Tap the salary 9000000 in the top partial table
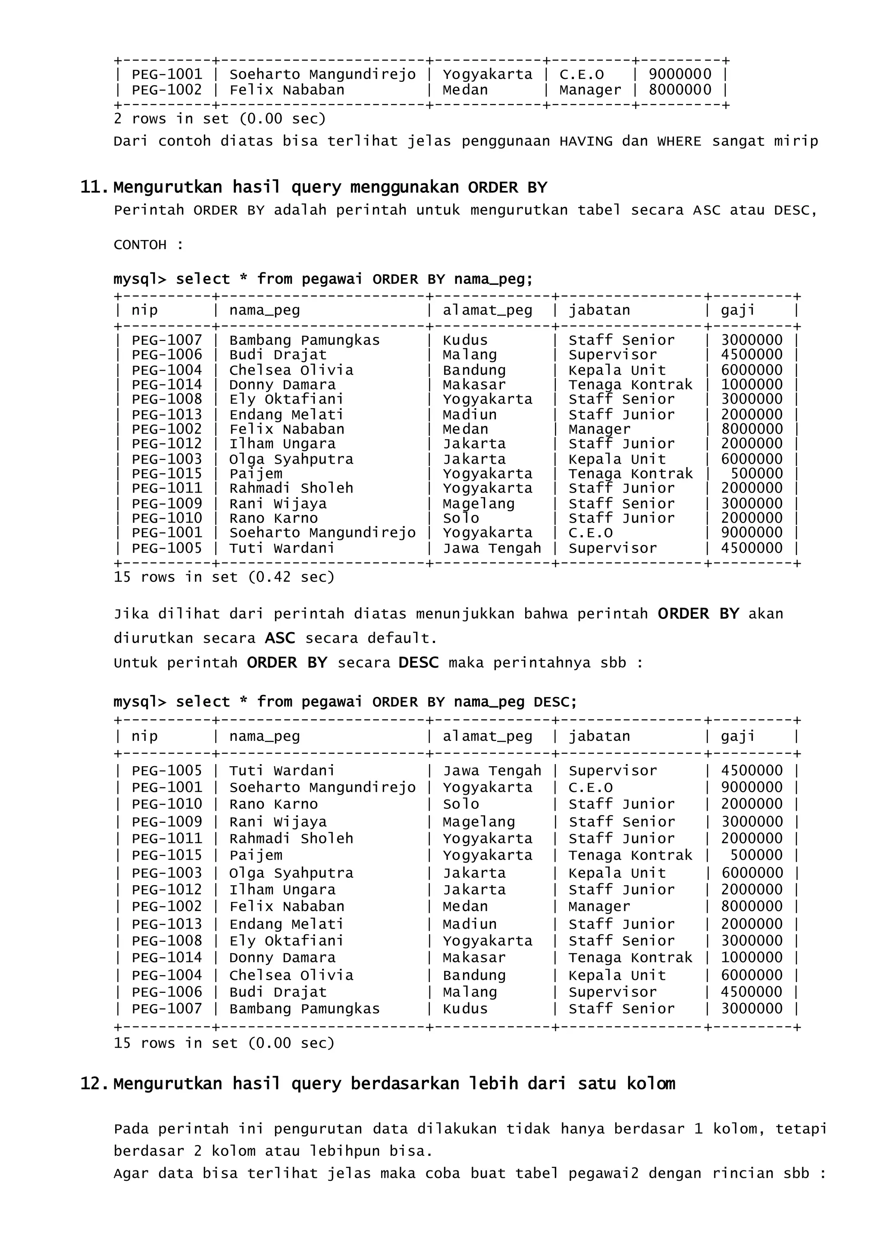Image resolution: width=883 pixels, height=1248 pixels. click(x=679, y=75)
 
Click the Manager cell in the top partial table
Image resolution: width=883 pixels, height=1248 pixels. click(x=589, y=90)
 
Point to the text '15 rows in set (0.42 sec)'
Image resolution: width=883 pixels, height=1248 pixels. click(x=224, y=577)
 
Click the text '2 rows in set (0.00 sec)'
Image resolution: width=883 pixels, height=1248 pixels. click(x=219, y=119)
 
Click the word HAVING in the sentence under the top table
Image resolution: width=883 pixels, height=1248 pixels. click(x=586, y=141)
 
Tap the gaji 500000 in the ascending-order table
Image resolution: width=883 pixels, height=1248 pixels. click(x=756, y=474)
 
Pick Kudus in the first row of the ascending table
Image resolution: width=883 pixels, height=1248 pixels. click(x=465, y=340)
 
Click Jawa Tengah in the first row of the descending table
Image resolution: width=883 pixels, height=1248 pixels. click(x=492, y=771)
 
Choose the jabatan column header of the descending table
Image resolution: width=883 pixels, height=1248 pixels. click(x=599, y=736)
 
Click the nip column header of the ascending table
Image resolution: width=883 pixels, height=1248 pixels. click(x=144, y=310)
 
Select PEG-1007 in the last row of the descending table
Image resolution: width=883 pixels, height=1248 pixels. click(x=166, y=1009)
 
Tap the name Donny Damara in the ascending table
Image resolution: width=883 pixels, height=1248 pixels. click(x=282, y=385)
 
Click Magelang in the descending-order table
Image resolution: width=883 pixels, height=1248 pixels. click(x=479, y=822)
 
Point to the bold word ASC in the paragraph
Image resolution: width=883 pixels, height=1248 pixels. click(x=279, y=638)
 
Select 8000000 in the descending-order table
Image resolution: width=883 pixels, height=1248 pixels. click(x=751, y=907)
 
